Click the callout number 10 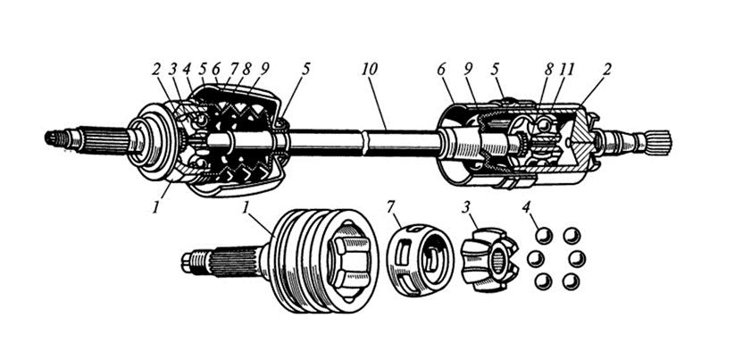tap(369, 70)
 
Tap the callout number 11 tap(567, 70)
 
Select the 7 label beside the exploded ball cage tap(391, 208)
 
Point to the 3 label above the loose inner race tap(466, 208)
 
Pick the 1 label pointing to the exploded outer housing tap(245, 208)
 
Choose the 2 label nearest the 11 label tap(607, 70)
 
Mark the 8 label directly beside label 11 tap(548, 70)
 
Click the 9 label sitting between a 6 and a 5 tap(468, 70)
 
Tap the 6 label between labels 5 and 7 tap(216, 70)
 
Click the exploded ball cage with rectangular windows tap(420, 260)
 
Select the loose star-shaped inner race tap(489, 259)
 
